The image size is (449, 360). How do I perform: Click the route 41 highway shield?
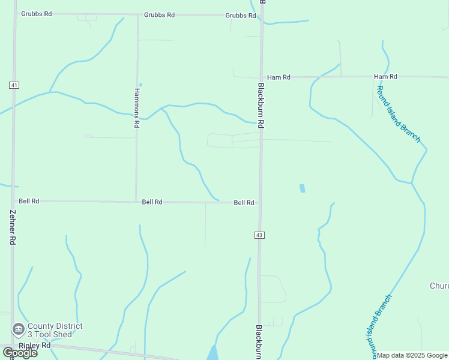(x=13, y=85)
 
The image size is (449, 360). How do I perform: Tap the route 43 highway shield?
(x=259, y=235)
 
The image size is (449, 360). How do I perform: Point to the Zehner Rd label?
(x=12, y=226)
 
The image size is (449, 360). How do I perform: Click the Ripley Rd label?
(x=34, y=346)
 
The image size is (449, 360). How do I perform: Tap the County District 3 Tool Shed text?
(x=54, y=330)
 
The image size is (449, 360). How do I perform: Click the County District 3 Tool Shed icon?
(x=18, y=329)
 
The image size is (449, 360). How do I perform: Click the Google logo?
(x=20, y=353)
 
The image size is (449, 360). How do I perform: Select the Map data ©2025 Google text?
(x=412, y=355)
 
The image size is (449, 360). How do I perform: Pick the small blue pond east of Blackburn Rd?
(x=302, y=188)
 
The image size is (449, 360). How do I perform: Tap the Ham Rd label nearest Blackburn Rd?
(x=279, y=77)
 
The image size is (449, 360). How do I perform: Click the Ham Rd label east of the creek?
(x=385, y=77)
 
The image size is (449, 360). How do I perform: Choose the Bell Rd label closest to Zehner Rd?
(x=29, y=202)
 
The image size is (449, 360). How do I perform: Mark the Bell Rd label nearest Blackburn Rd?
(x=244, y=203)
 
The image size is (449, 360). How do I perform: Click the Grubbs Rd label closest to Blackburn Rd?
(x=241, y=16)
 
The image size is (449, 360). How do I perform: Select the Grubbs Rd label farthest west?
(x=36, y=14)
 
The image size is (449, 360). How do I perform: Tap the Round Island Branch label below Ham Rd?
(x=399, y=114)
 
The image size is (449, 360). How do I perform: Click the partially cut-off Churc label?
(x=439, y=286)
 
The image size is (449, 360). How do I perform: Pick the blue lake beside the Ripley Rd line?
(x=212, y=353)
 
